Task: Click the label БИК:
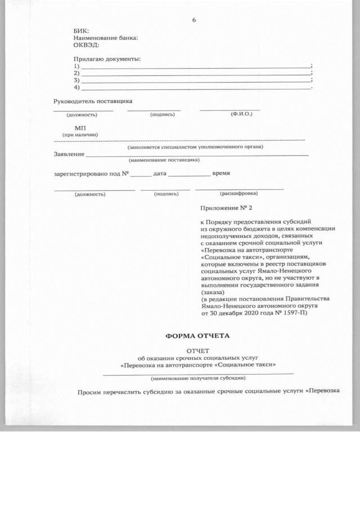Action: pyautogui.click(x=81, y=31)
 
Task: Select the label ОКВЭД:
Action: pyautogui.click(x=86, y=44)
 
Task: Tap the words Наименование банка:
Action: pyautogui.click(x=106, y=38)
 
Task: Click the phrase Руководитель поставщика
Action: pyautogui.click(x=93, y=102)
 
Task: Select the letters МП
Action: pyautogui.click(x=79, y=128)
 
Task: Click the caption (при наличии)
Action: pyautogui.click(x=80, y=135)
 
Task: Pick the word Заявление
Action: pyautogui.click(x=69, y=154)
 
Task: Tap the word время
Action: pyautogui.click(x=220, y=173)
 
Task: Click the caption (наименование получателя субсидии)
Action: pyautogui.click(x=197, y=378)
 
